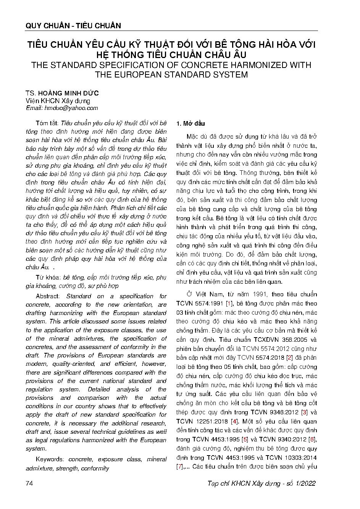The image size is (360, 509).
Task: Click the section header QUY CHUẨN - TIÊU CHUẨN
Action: [x=73, y=26]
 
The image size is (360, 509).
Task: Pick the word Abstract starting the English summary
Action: [x=47, y=296]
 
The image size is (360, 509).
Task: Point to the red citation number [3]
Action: [x=304, y=412]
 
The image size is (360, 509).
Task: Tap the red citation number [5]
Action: [x=250, y=440]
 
